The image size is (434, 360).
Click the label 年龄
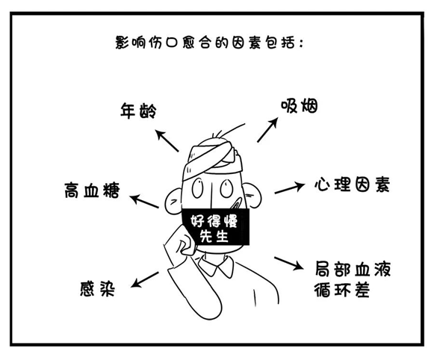point(138,111)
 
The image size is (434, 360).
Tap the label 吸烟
point(300,106)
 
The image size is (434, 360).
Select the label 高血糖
point(92,190)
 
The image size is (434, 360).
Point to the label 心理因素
point(352,184)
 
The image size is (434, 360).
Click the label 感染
point(97,289)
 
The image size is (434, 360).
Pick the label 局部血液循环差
point(353,279)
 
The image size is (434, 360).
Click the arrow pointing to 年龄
point(167,140)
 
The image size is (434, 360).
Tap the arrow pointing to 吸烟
point(267,130)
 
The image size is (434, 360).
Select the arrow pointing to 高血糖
point(144,201)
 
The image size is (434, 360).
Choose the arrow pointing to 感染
point(144,279)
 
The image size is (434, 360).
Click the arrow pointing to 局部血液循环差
point(288,263)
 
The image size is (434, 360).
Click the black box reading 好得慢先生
point(216,227)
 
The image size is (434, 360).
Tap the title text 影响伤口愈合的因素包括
point(209,43)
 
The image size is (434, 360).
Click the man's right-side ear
point(253,195)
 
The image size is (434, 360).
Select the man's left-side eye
point(198,188)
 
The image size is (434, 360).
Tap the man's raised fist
point(182,241)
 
